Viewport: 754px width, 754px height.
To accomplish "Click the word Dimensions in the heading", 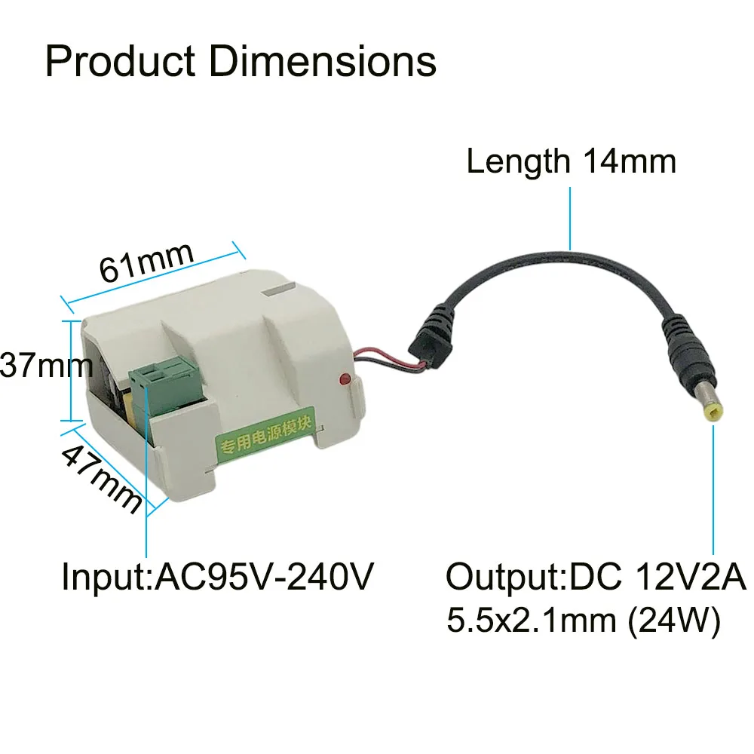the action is (323, 62).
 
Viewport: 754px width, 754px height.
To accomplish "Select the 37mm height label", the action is (45, 367).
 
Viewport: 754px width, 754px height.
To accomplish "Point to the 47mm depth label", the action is (101, 478).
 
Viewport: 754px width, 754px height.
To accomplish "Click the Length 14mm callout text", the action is (571, 161).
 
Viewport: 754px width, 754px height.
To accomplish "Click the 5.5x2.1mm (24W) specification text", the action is (583, 622).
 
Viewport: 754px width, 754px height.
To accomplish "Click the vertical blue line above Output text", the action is (713, 490).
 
